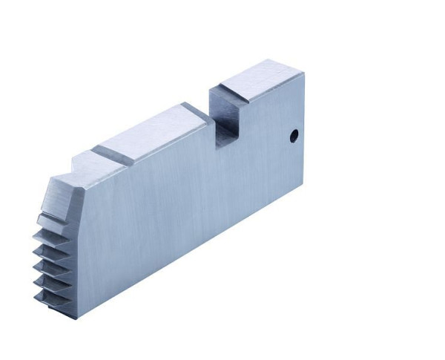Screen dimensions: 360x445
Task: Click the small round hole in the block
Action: [x=293, y=136]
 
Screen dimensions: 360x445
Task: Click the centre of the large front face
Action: [x=185, y=200]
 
